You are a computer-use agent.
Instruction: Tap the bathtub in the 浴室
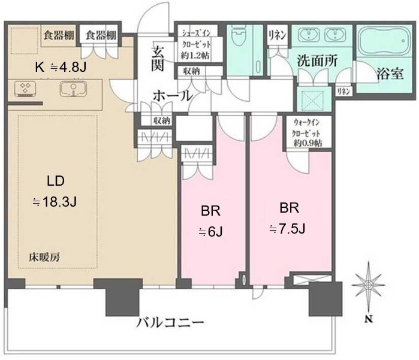384,41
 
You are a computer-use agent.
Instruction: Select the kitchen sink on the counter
73,89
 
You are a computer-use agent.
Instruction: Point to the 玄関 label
158,58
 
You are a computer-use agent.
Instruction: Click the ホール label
173,96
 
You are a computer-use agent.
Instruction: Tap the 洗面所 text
318,61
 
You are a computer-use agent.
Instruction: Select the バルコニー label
170,322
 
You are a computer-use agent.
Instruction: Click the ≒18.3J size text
55,202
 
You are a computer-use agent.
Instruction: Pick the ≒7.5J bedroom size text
287,229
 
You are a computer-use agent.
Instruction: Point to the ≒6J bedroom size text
210,232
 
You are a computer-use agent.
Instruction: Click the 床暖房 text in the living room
44,257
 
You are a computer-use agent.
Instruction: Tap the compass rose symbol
369,285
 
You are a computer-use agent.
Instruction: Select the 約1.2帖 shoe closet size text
195,56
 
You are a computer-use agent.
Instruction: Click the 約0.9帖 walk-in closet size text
308,143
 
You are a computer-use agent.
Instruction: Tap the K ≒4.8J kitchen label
61,67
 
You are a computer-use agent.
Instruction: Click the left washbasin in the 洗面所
309,35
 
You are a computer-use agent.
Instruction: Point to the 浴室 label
390,74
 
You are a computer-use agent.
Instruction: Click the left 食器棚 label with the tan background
59,35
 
